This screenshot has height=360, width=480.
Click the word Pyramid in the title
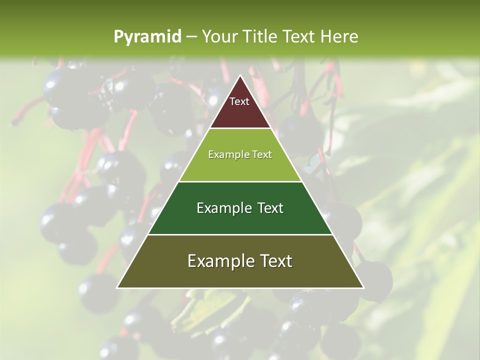click(147, 37)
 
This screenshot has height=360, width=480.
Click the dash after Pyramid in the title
click(191, 37)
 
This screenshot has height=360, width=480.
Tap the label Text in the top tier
click(239, 101)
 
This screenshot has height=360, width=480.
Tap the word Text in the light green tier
click(261, 154)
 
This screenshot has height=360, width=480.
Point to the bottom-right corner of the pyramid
click(363, 287)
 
